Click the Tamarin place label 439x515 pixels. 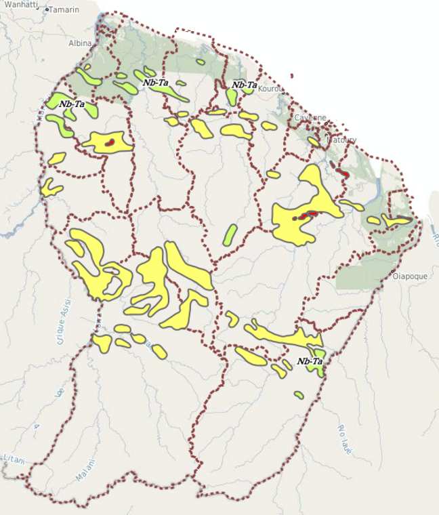[64, 10]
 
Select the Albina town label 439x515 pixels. [79, 43]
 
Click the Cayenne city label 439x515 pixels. [310, 118]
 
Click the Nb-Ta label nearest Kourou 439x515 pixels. [244, 85]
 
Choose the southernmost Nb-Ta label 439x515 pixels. [309, 362]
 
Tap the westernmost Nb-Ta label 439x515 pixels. [72, 104]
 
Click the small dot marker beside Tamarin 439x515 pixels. [47, 10]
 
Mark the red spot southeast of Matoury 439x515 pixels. [344, 174]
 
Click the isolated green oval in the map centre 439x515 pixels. [230, 234]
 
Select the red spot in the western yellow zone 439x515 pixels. [108, 142]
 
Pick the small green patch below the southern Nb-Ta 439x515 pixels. [298, 394]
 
